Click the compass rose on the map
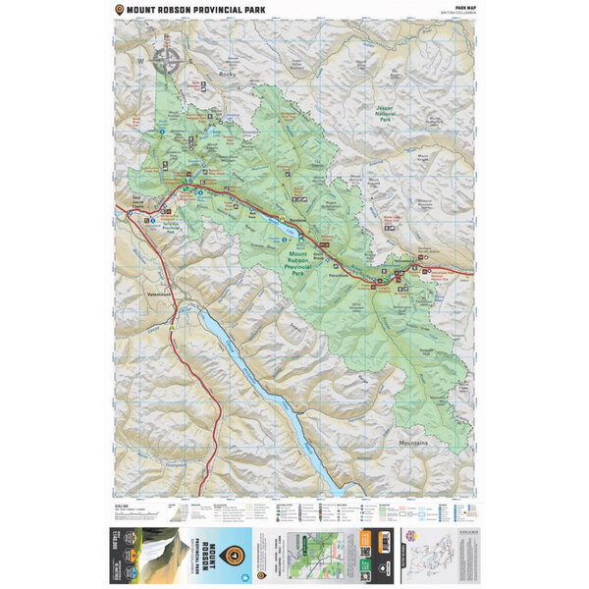(168, 60)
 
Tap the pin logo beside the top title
(119, 10)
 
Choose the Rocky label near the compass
(229, 74)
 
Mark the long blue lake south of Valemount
(265, 393)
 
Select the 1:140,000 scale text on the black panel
(120, 556)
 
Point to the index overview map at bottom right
(453, 556)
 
